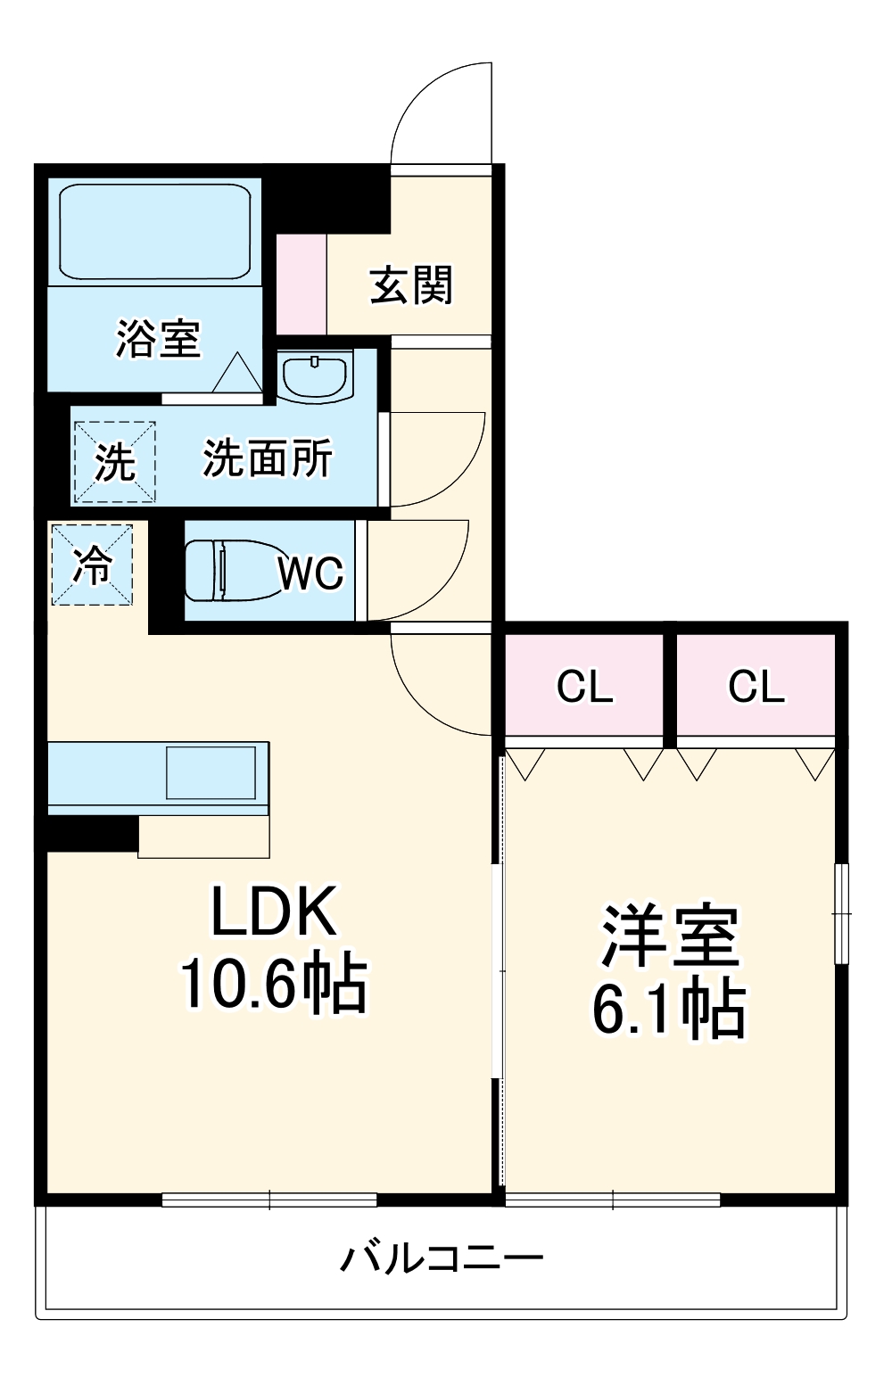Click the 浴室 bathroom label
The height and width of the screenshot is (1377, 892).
pyautogui.click(x=158, y=339)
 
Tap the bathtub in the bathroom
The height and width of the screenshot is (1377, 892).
pyautogui.click(x=154, y=232)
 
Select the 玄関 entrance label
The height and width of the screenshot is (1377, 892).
pyautogui.click(x=411, y=285)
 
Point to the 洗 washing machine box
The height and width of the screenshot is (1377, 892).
pyautogui.click(x=114, y=462)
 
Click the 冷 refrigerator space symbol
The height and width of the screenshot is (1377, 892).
pyautogui.click(x=92, y=565)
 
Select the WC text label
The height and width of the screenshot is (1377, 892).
pyautogui.click(x=310, y=573)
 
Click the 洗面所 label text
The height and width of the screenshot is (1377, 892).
pyautogui.click(x=267, y=459)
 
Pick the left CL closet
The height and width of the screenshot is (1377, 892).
pyautogui.click(x=584, y=687)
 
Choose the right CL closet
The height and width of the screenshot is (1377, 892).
pyautogui.click(x=756, y=687)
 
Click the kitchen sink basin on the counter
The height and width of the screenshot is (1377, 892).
pyautogui.click(x=211, y=772)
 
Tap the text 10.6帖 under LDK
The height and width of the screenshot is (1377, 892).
pyautogui.click(x=273, y=984)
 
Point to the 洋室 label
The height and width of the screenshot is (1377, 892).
pyautogui.click(x=670, y=936)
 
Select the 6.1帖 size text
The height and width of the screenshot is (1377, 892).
pyautogui.click(x=670, y=1009)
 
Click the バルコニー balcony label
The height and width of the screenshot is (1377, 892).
pyautogui.click(x=442, y=1258)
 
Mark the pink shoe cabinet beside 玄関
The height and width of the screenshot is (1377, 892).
pyautogui.click(x=301, y=284)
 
